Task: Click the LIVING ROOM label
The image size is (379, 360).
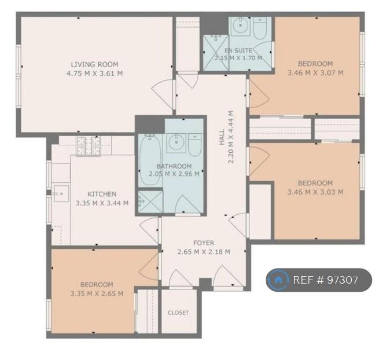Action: point(94,64)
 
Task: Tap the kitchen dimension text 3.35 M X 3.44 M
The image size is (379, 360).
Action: point(102,203)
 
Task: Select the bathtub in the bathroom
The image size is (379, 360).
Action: point(150,160)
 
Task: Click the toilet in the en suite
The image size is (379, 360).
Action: point(260,28)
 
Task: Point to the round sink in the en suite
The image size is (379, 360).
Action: point(240,25)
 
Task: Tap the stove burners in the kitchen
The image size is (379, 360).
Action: point(88,146)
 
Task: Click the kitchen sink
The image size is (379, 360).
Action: point(61,193)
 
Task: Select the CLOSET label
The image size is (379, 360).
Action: point(178,313)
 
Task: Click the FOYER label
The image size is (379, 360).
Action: point(204,243)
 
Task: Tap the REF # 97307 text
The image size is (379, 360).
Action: point(325,280)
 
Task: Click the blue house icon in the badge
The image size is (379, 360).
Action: point(278,280)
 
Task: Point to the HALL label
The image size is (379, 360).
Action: point(222,137)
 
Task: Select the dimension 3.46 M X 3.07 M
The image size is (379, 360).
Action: point(315,72)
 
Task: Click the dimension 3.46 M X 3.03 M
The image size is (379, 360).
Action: point(315,192)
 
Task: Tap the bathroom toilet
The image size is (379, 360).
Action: point(195,145)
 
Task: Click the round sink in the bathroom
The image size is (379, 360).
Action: point(176,143)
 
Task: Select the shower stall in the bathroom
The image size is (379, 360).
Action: point(150,201)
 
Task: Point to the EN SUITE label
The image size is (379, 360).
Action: point(238,50)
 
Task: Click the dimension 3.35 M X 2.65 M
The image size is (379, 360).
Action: point(97,293)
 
